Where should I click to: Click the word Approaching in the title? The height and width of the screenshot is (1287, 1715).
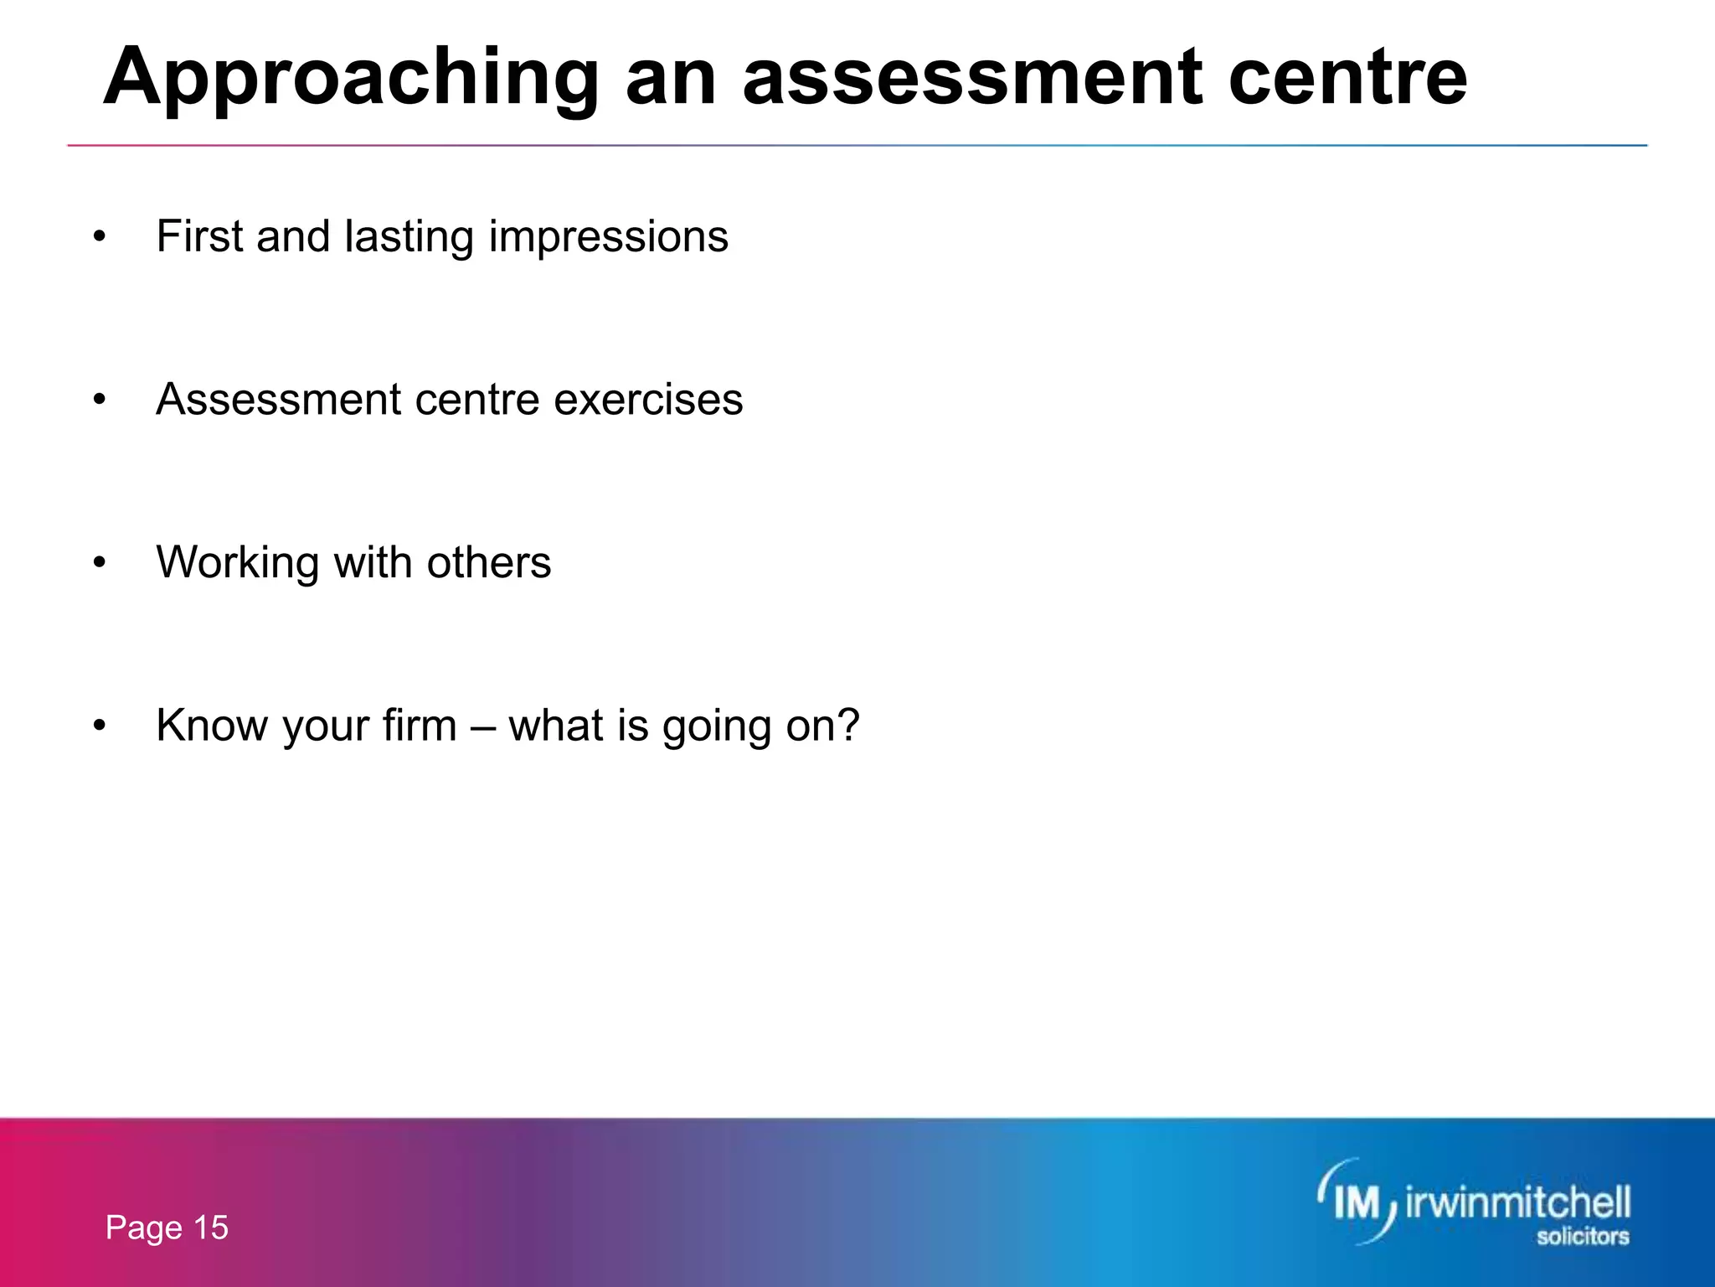[350, 80]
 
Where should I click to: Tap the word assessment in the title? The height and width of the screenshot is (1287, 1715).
[971, 80]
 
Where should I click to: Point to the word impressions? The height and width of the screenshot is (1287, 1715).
[608, 237]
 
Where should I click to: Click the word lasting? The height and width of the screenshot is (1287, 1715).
[409, 237]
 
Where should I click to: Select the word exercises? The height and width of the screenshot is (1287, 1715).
[648, 399]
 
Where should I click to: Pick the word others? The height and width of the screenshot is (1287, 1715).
[489, 561]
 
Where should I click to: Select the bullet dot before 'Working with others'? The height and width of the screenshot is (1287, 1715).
[100, 563]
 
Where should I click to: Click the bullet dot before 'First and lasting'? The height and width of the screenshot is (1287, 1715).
[100, 237]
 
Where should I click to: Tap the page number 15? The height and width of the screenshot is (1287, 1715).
[211, 1228]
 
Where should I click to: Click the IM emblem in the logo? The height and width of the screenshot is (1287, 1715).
[1357, 1203]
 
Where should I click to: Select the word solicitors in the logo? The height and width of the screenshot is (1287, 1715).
[1582, 1236]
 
